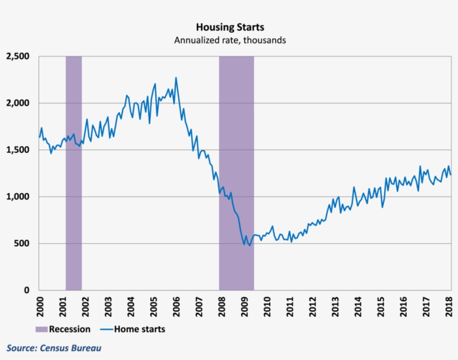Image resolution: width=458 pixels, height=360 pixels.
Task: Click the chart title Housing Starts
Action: [230, 27]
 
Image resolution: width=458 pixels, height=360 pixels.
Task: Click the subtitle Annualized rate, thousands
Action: [230, 40]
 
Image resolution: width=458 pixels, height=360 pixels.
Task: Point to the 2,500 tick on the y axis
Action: [19, 56]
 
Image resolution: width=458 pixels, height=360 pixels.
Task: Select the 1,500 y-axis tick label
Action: [19, 150]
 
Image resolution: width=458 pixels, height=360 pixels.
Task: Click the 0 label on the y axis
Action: [28, 290]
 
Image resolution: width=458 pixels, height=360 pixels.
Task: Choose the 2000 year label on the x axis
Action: [39, 306]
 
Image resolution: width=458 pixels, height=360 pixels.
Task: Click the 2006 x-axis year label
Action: [176, 306]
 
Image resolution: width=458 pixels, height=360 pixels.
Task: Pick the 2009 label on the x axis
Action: [245, 306]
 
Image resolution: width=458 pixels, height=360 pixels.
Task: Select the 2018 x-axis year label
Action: [450, 306]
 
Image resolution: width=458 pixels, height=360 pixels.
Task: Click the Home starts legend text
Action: [140, 329]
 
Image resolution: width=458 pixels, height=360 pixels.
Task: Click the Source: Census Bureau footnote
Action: [54, 348]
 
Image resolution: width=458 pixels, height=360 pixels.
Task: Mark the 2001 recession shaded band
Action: [74, 173]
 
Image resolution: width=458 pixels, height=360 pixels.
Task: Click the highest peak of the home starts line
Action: [176, 78]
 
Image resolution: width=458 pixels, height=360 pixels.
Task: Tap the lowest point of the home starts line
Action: [250, 246]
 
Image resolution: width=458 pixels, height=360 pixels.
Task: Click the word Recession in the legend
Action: [69, 329]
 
